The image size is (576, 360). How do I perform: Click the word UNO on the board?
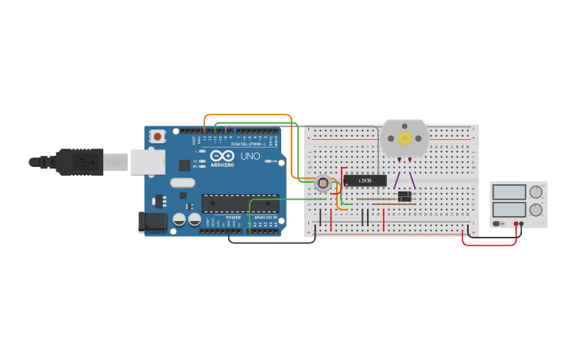click(x=250, y=157)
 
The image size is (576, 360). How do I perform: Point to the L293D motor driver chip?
click(x=365, y=180)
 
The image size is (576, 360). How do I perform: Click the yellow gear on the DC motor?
click(x=404, y=138)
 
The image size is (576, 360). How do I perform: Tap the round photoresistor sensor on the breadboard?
click(x=323, y=184)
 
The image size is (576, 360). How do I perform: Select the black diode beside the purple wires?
click(x=404, y=196)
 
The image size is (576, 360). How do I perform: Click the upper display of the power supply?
click(x=509, y=192)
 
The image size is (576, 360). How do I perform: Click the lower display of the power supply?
click(x=509, y=210)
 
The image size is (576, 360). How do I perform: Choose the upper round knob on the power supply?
click(x=536, y=192)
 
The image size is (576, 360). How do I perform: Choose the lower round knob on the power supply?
click(x=536, y=210)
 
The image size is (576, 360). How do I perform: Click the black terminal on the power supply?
click(x=522, y=224)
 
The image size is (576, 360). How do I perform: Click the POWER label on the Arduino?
click(x=233, y=217)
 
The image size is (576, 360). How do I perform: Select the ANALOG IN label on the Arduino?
click(x=265, y=217)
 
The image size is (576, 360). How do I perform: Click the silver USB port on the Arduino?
click(x=147, y=162)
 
